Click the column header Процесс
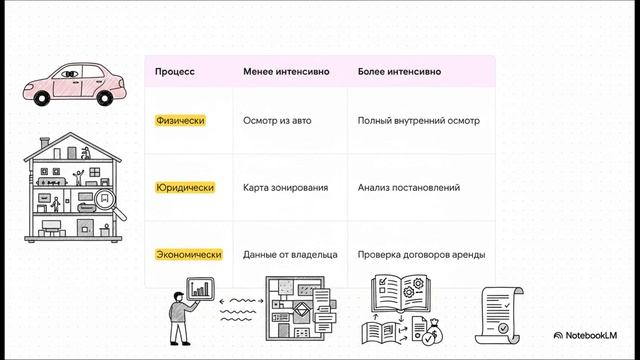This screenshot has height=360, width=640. (x=175, y=72)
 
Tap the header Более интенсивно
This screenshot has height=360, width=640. (x=400, y=72)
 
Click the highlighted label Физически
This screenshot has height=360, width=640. (x=181, y=120)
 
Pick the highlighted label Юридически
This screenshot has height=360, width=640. (x=185, y=187)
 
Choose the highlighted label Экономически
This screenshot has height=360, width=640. (x=188, y=255)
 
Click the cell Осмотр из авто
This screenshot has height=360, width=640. (x=277, y=120)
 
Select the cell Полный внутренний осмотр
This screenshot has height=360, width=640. (x=418, y=120)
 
